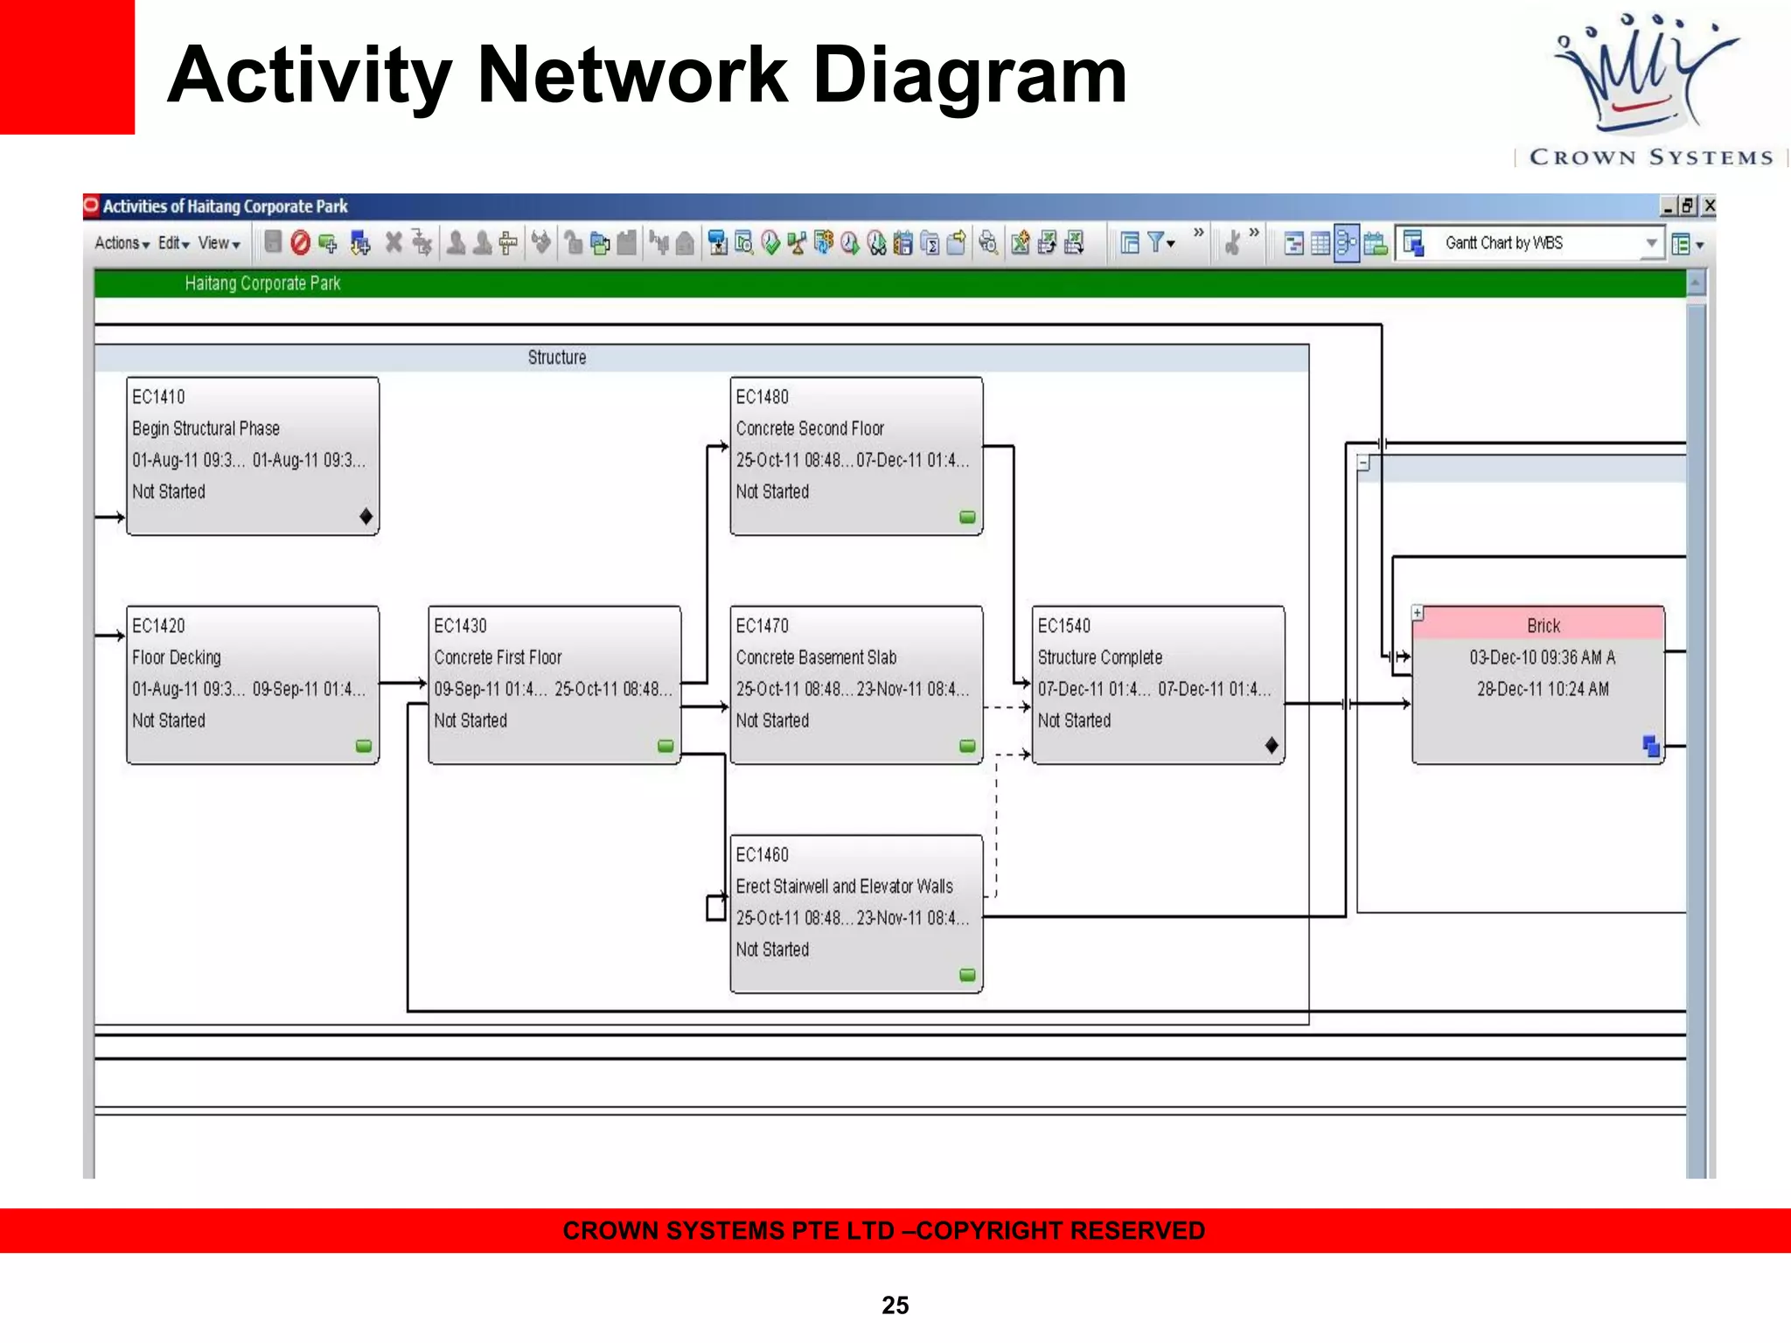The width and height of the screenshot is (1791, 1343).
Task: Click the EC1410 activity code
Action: pyautogui.click(x=158, y=397)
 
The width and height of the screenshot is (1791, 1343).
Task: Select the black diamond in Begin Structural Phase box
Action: pyautogui.click(x=366, y=517)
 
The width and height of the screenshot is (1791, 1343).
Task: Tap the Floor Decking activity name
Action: pyautogui.click(x=177, y=658)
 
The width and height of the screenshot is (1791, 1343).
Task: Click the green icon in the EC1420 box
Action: pyautogui.click(x=364, y=746)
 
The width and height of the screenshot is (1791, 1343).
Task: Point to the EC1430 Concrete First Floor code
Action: pyautogui.click(x=460, y=626)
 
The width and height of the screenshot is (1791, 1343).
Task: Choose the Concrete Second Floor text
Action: pyautogui.click(x=810, y=428)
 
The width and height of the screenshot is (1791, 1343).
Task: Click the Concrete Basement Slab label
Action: pyautogui.click(x=816, y=658)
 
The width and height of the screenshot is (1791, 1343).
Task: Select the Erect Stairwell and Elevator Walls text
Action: pyautogui.click(x=844, y=887)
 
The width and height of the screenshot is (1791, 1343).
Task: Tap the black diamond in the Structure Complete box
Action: pyautogui.click(x=1272, y=746)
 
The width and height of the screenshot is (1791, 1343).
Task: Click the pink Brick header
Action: pyautogui.click(x=1543, y=625)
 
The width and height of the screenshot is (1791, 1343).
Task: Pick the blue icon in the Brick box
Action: pyautogui.click(x=1650, y=746)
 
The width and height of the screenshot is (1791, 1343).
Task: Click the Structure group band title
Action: pyautogui.click(x=556, y=358)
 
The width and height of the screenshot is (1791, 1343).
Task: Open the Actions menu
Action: pyautogui.click(x=122, y=243)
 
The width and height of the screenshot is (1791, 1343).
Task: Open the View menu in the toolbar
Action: pyautogui.click(x=219, y=243)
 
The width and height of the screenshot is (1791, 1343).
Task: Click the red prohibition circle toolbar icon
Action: pyautogui.click(x=300, y=243)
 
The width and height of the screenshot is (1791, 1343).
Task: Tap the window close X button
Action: pyautogui.click(x=1709, y=206)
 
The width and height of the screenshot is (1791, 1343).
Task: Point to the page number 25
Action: pyautogui.click(x=895, y=1305)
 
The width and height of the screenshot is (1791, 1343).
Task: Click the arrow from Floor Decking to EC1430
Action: pyautogui.click(x=403, y=682)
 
